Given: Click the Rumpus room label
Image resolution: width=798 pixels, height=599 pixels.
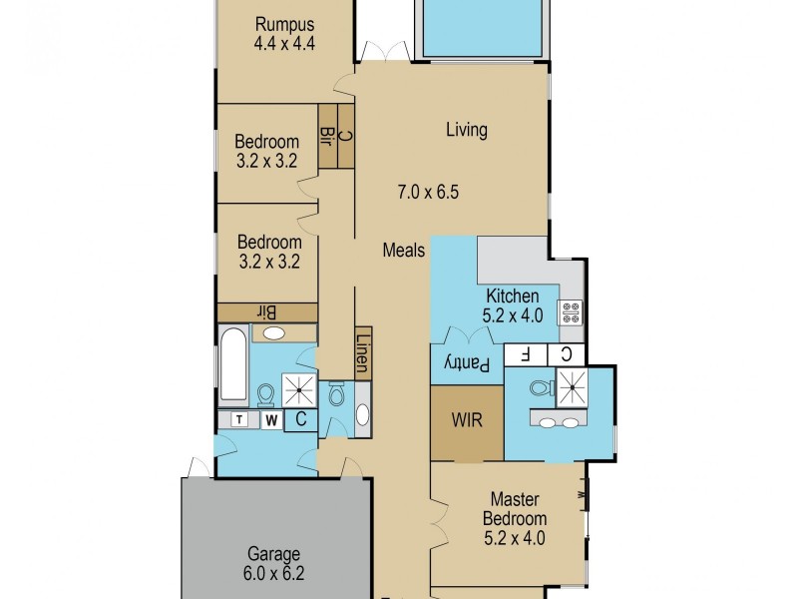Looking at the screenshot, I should tap(284, 25).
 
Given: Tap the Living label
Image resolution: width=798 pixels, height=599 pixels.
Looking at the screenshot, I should tap(466, 130).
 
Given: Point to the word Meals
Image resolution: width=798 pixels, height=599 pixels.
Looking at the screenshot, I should tap(404, 251).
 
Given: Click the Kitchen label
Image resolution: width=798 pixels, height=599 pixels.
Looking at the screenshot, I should tap(513, 297).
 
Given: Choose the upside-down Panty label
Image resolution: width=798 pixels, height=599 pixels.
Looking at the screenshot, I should tap(467, 365).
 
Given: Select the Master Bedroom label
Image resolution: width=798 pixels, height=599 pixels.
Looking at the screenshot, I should tap(515, 509).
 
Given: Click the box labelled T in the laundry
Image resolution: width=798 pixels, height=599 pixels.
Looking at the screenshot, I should tap(240, 420).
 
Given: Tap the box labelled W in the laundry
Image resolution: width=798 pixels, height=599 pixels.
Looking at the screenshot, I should tap(270, 420).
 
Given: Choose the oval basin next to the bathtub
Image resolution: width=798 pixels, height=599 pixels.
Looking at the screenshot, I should tap(275, 333).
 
